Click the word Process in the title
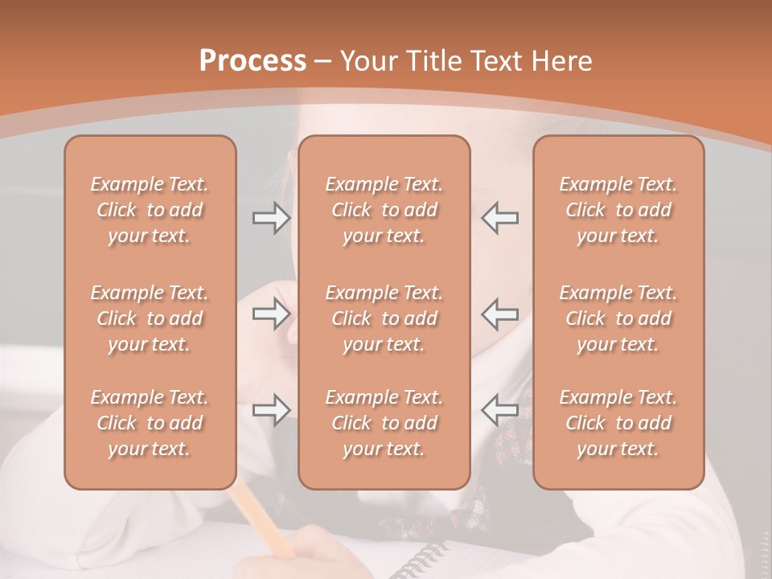(x=253, y=61)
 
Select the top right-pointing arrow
(x=271, y=218)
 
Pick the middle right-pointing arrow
(x=271, y=314)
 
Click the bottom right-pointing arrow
(x=271, y=410)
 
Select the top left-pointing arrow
(x=499, y=218)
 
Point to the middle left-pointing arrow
(x=499, y=314)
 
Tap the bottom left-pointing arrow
(x=499, y=410)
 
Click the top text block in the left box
(x=150, y=210)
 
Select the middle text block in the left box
(x=150, y=318)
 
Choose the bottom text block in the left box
(x=150, y=423)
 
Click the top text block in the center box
(x=384, y=210)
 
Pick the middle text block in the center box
(x=384, y=318)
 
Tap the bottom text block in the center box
(x=384, y=423)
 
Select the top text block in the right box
(x=618, y=210)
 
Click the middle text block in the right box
(x=618, y=318)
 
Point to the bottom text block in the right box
(x=618, y=423)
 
